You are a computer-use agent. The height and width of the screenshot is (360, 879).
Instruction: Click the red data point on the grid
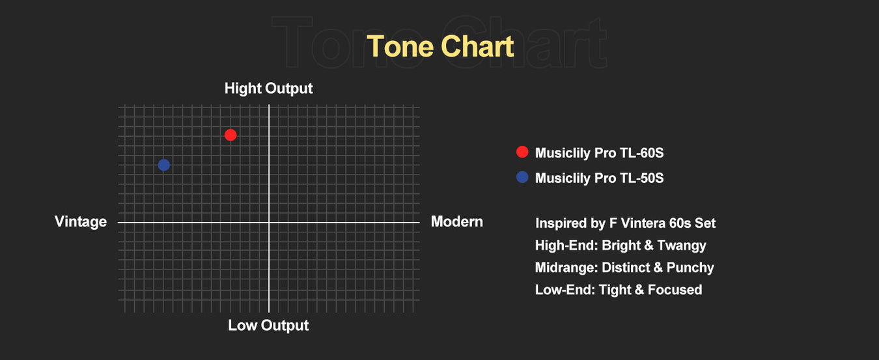(230, 135)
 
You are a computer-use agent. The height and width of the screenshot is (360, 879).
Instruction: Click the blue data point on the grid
(163, 165)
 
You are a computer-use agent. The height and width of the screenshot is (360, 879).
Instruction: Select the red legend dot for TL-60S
(522, 152)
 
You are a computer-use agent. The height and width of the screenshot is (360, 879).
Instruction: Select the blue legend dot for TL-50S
(522, 177)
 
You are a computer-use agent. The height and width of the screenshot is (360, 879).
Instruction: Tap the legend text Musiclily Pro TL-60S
(599, 153)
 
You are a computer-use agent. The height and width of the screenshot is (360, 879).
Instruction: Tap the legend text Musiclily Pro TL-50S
(599, 178)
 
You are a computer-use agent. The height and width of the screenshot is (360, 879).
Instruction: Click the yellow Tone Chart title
(440, 46)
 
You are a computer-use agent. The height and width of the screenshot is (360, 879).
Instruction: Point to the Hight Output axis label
(268, 89)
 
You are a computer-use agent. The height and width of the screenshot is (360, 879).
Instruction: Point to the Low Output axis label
(268, 325)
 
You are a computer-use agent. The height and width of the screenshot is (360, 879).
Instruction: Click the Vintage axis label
(81, 222)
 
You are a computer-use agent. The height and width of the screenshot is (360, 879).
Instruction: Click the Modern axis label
(457, 221)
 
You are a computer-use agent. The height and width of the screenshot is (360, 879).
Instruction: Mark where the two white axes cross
(269, 223)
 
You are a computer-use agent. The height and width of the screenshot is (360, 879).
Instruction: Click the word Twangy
(682, 246)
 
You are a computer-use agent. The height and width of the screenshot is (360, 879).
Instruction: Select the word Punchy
(690, 268)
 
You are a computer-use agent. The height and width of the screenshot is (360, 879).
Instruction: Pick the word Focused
(675, 290)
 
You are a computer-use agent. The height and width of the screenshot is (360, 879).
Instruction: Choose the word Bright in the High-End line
(622, 245)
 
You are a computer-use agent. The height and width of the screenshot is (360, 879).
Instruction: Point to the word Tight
(615, 290)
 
